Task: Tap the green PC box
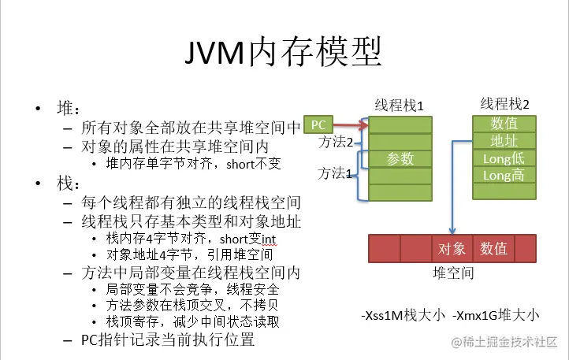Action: pos(318,124)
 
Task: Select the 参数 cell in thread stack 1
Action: pos(400,158)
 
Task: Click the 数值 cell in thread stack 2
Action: pos(504,124)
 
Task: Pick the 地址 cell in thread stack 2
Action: pos(504,141)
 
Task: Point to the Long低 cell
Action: pos(504,158)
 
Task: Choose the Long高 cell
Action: pos(504,176)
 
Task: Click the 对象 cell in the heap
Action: pos(452,249)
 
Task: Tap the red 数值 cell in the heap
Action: pos(494,249)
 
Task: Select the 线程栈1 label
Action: pos(399,105)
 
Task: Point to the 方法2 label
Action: pos(335,143)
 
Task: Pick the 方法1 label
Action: pos(334,171)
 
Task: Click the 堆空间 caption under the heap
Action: pos(454,273)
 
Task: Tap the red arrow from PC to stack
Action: pos(352,124)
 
